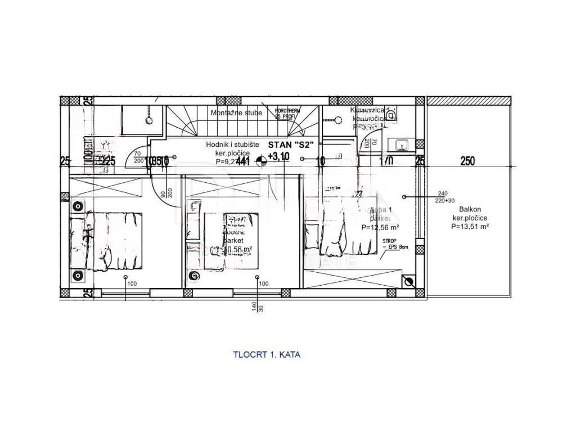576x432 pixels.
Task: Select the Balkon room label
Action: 462,209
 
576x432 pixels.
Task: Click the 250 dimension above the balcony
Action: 467,161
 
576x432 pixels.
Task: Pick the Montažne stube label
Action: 236,113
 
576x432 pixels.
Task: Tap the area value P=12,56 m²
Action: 380,227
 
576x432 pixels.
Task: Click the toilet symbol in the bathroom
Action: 392,115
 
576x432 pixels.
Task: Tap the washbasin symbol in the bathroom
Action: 402,145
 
